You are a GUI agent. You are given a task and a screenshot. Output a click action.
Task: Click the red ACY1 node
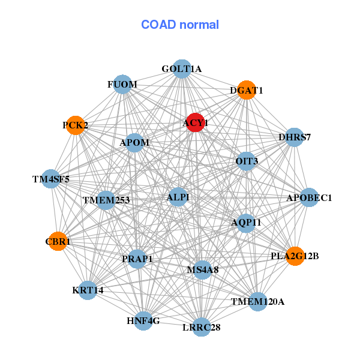196,122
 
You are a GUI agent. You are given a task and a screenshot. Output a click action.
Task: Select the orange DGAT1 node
247,91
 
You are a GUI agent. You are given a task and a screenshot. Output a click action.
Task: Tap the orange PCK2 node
75,125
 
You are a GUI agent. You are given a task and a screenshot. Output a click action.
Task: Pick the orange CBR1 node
58,242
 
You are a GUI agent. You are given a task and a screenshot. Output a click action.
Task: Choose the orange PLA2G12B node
295,256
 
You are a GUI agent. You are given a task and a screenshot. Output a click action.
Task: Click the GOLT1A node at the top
182,69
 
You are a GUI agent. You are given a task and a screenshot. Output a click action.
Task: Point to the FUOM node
122,85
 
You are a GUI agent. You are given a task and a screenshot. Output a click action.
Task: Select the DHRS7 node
294,137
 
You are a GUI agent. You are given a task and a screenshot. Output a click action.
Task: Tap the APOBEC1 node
309,197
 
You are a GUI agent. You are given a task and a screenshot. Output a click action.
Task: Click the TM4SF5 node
51,179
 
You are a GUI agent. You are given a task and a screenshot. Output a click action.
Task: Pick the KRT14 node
88,290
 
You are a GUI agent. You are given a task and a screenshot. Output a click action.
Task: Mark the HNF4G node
143,321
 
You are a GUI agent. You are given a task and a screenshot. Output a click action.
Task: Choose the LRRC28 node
201,327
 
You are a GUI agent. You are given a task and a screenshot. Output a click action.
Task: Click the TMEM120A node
257,301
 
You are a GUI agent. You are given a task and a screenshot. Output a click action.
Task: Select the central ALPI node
178,197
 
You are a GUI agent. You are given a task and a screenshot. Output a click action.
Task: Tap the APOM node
134,143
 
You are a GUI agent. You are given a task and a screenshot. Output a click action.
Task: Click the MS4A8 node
202,270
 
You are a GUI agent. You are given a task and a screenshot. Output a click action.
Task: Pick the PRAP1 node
137,259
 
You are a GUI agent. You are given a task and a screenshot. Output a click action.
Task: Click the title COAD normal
180,25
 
